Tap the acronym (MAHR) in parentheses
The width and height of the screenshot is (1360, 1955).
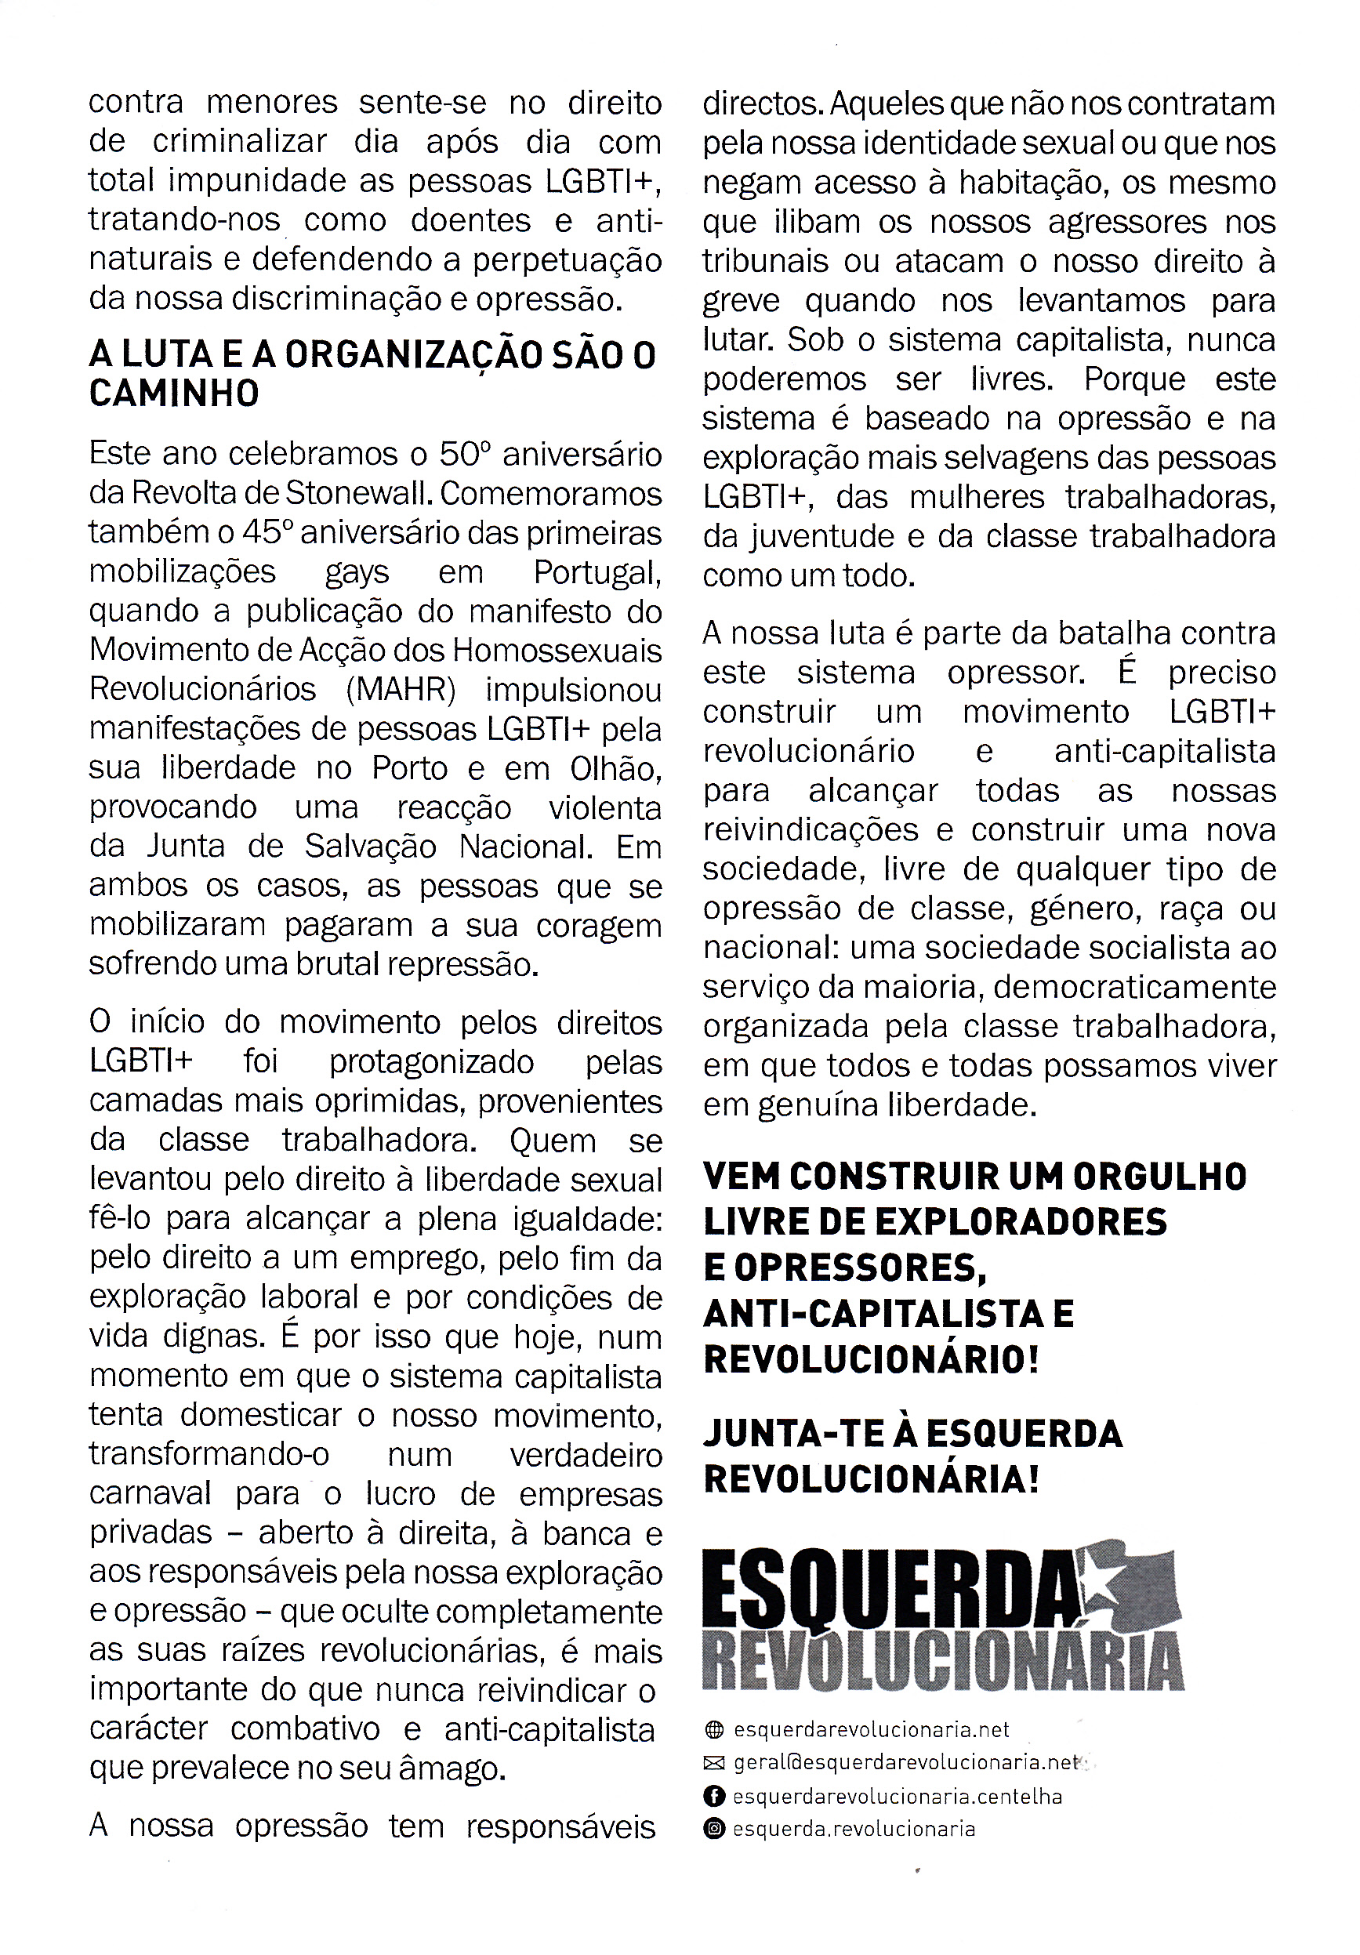pyautogui.click(x=401, y=689)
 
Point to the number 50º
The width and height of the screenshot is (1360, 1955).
pyautogui.click(x=465, y=454)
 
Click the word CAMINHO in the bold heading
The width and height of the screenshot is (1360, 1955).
pyautogui.click(x=174, y=394)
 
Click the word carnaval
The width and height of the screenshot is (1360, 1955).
pyautogui.click(x=150, y=1493)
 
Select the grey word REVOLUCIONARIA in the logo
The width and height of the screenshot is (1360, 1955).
pyautogui.click(x=942, y=1663)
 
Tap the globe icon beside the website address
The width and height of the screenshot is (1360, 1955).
pyautogui.click(x=713, y=1729)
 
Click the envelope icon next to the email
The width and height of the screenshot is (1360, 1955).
pyautogui.click(x=713, y=1763)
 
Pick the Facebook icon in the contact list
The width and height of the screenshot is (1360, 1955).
pyautogui.click(x=713, y=1796)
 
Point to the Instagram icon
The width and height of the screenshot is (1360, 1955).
pyautogui.click(x=713, y=1828)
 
